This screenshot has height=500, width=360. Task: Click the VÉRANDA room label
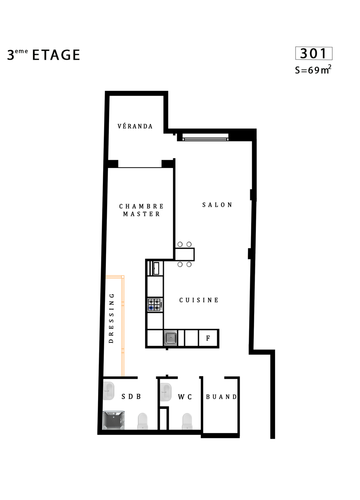pyautogui.click(x=135, y=126)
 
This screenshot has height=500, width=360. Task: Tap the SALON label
pyautogui.click(x=217, y=205)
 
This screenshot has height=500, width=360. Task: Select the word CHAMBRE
pyautogui.click(x=141, y=206)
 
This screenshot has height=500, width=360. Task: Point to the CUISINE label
pyautogui.click(x=199, y=300)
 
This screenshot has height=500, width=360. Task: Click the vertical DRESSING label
pyautogui.click(x=111, y=318)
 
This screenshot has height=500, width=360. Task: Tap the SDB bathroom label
pyautogui.click(x=131, y=397)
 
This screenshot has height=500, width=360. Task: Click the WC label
pyautogui.click(x=185, y=397)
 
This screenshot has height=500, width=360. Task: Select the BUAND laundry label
pyautogui.click(x=221, y=397)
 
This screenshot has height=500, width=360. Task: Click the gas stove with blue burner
pyautogui.click(x=155, y=305)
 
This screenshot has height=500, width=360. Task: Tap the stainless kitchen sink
pyautogui.click(x=171, y=338)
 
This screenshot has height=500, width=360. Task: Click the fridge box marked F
pyautogui.click(x=208, y=338)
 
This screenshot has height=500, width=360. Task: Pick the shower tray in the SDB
pyautogui.click(x=114, y=420)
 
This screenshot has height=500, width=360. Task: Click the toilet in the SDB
pyautogui.click(x=143, y=421)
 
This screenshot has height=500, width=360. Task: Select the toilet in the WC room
pyautogui.click(x=187, y=421)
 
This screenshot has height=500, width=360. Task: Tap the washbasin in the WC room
pyautogui.click(x=166, y=392)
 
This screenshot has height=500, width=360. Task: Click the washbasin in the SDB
pyautogui.click(x=108, y=391)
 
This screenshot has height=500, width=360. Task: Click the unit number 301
pyautogui.click(x=313, y=54)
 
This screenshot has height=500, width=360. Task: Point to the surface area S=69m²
pyautogui.click(x=313, y=70)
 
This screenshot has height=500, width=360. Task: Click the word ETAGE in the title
pyautogui.click(x=56, y=55)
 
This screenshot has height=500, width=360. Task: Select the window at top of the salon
pyautogui.click(x=205, y=137)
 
